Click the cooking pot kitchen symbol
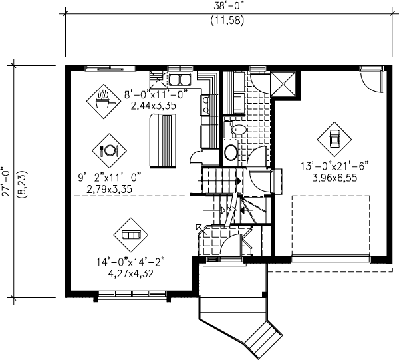pos(103,101)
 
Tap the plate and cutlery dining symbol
pos(109,150)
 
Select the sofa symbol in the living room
pos(131,234)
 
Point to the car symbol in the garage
pos(334,139)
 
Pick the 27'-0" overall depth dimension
pos(6,181)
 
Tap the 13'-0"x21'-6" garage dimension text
pos(334,166)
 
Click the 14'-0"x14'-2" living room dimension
pos(131,262)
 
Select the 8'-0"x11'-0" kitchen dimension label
pos(156,94)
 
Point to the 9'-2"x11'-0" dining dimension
pos(110,177)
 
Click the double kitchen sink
pos(180,79)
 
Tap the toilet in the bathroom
pos(235,129)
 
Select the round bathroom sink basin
pos(231,152)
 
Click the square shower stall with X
pos(283,84)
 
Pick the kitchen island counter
pos(163,141)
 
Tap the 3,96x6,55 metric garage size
pos(334,178)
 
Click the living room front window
pos(132,293)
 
